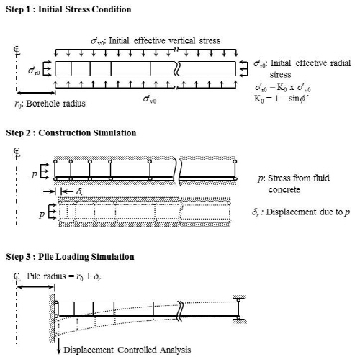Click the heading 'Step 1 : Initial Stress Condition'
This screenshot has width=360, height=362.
(x=68, y=9)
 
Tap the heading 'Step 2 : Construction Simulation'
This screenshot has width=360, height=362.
(x=71, y=132)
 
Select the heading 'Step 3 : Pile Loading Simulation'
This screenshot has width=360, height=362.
(x=70, y=257)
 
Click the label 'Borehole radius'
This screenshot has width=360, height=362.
(x=55, y=104)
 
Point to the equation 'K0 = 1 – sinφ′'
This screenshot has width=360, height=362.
(x=281, y=99)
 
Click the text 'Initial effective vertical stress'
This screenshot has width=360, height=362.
(x=165, y=40)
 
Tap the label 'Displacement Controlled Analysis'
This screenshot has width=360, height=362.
(x=127, y=350)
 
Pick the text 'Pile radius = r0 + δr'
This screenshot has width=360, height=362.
(x=63, y=276)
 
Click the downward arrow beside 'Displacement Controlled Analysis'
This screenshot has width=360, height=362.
(x=58, y=348)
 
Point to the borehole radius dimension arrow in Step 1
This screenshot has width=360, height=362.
(x=36, y=93)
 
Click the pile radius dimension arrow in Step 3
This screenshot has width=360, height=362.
(x=35, y=286)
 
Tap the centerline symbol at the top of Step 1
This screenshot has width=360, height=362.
(x=17, y=50)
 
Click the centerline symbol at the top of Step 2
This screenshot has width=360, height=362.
(x=17, y=153)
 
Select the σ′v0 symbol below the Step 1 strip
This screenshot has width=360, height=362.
(x=150, y=99)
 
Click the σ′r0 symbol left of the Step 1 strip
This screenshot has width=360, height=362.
(x=34, y=71)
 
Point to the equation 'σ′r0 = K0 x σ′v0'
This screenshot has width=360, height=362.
(x=283, y=88)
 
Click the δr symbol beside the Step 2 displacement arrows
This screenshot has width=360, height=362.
(x=80, y=192)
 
